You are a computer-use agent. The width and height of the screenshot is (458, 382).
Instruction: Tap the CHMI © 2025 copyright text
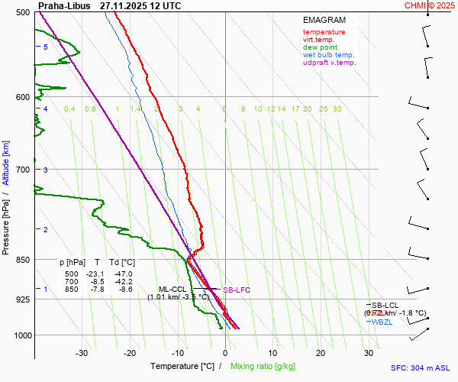tap(429, 5)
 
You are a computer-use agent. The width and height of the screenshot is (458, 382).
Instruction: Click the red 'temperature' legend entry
tap(324, 32)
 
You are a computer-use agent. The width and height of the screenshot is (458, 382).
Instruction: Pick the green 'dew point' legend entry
tap(320, 47)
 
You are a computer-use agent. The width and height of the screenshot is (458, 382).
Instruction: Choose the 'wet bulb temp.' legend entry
tap(328, 55)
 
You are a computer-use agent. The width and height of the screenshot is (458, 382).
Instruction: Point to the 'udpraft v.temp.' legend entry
tap(329, 63)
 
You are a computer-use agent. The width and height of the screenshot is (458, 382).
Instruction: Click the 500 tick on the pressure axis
tap(22, 13)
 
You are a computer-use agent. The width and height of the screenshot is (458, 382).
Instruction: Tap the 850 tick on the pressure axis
tap(22, 261)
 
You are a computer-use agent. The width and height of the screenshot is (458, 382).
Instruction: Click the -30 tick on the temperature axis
tap(82, 353)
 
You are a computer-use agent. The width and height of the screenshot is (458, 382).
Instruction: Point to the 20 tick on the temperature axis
tap(321, 353)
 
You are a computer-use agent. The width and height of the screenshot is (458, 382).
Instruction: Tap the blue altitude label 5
tap(46, 47)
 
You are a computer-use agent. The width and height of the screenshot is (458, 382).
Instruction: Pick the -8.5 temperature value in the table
tap(97, 282)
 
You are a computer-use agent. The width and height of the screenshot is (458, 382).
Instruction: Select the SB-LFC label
tap(237, 290)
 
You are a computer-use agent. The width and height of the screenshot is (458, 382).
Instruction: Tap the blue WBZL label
tap(382, 322)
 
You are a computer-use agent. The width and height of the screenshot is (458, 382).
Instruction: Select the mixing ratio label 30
tap(337, 109)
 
